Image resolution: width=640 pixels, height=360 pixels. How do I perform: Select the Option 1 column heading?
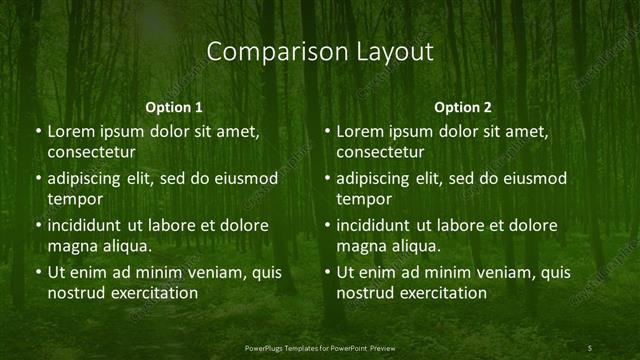click(174, 107)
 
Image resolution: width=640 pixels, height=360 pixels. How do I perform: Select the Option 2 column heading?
click(463, 107)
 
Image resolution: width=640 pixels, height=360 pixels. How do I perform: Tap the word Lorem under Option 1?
click(71, 132)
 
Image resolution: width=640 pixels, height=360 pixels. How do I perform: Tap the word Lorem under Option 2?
click(360, 132)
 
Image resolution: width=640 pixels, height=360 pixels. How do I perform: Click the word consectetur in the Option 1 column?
click(91, 152)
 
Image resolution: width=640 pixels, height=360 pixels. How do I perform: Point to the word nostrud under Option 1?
click(74, 293)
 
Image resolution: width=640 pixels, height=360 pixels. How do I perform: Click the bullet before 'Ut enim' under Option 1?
click(38, 273)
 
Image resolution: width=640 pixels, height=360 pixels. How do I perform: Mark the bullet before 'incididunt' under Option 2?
click(327, 226)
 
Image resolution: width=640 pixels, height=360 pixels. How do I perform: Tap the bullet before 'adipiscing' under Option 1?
click(38, 179)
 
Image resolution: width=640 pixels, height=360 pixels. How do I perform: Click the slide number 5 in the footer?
click(590, 347)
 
